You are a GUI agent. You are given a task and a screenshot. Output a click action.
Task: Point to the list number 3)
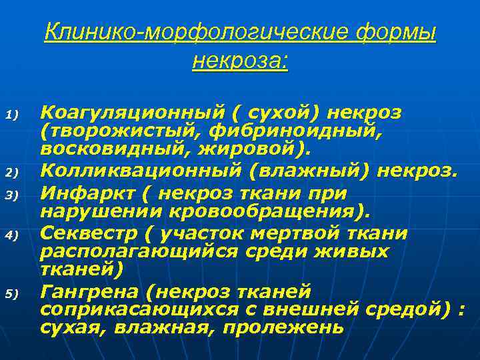[18, 195]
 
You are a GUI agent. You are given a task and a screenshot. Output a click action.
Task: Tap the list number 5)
[18, 293]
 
